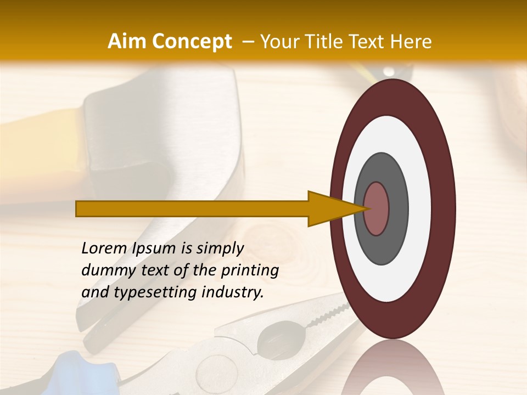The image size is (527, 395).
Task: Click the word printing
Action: point(250,270)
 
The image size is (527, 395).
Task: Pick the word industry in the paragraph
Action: point(233,292)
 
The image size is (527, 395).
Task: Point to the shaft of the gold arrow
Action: point(192,208)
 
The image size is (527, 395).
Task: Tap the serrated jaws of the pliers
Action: point(324,315)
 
